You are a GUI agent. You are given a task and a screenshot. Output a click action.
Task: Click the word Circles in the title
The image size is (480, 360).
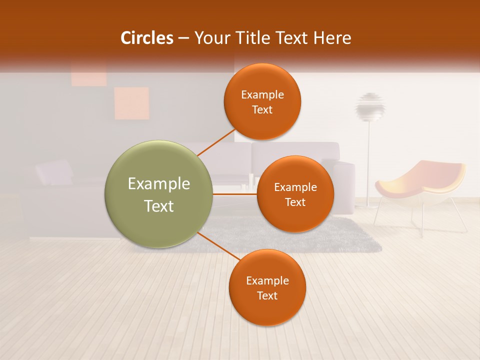click(146, 38)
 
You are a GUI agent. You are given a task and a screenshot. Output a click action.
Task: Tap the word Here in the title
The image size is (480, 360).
click(332, 38)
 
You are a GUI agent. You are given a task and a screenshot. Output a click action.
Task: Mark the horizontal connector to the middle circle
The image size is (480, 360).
click(235, 194)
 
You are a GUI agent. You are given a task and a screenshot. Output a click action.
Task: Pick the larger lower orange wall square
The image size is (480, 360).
click(131, 103)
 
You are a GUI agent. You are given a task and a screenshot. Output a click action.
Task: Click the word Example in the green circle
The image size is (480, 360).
click(159, 184)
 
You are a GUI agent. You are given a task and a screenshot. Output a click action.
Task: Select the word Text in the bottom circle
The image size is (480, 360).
click(267, 295)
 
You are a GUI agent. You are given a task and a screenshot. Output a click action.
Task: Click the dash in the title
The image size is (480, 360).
click(183, 38)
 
